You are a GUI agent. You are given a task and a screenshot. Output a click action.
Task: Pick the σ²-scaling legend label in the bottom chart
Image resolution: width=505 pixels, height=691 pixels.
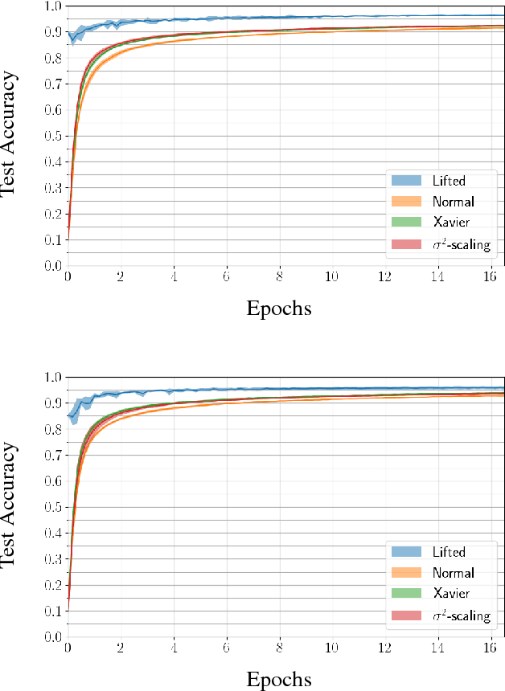click(461, 616)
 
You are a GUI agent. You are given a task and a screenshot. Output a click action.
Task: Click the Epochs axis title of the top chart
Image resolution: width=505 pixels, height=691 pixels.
click(279, 308)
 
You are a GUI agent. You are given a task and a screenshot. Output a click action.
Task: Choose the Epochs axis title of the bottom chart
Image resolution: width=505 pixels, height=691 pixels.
click(279, 680)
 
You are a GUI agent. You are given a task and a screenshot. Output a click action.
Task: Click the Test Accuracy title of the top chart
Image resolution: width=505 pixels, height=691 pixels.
click(10, 135)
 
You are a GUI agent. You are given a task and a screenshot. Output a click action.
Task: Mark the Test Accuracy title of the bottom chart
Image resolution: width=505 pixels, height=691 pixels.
click(10, 507)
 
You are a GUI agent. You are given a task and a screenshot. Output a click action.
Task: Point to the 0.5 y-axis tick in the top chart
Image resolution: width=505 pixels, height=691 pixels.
click(53, 136)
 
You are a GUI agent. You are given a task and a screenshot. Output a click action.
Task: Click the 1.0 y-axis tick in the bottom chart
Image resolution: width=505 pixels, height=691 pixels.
click(53, 378)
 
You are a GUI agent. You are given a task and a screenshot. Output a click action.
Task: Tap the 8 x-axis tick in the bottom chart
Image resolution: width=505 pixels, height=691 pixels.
click(279, 649)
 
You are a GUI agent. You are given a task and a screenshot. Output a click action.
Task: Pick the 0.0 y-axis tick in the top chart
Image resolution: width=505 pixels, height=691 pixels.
click(53, 266)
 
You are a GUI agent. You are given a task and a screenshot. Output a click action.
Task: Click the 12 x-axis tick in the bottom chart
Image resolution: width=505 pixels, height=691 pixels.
click(384, 649)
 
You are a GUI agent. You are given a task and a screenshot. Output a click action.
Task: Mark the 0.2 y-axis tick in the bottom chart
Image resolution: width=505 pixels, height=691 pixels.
click(53, 586)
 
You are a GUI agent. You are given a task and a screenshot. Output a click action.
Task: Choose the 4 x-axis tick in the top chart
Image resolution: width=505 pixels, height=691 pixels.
click(173, 277)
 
